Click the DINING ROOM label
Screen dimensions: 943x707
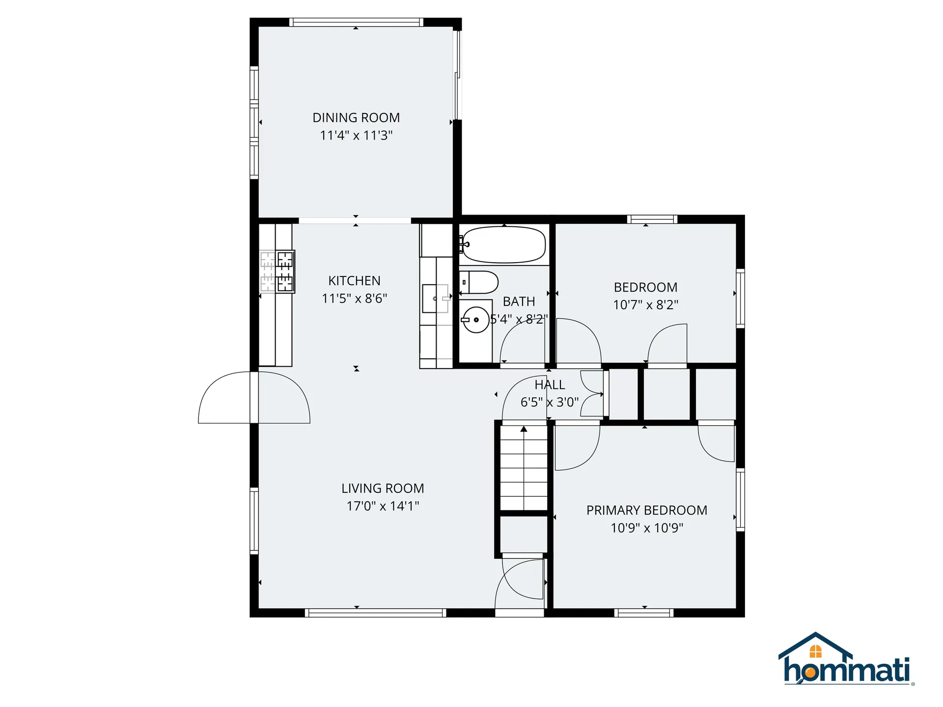pos(356,118)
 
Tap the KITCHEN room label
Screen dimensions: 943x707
pos(354,281)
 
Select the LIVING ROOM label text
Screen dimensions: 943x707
pos(383,489)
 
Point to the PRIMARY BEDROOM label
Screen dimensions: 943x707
pos(647,511)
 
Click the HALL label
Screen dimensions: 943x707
pos(550,385)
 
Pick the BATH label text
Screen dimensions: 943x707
pos(519,301)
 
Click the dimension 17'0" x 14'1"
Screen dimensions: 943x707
pos(383,506)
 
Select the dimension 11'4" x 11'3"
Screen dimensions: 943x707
pos(356,136)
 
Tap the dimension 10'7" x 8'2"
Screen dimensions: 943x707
pos(645,305)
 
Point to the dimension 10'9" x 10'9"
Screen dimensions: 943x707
pos(647,528)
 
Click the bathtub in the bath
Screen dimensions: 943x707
pos(503,245)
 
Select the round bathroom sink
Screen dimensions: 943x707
pos(476,320)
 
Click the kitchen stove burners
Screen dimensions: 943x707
pos(277,272)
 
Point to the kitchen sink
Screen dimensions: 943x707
pos(436,299)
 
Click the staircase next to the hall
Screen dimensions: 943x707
pos(524,468)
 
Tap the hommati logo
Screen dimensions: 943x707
pos(846,659)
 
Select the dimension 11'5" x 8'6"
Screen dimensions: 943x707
pos(354,299)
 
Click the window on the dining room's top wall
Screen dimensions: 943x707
pos(356,22)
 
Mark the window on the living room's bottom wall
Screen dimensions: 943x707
pos(376,613)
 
